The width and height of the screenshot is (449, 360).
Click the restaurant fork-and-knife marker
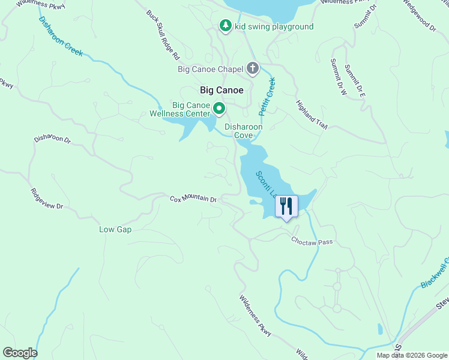tap(286, 206)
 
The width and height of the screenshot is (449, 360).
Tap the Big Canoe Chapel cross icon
tap(253, 68)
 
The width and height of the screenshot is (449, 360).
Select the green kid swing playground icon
tap(226, 26)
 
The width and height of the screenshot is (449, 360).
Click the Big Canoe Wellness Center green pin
tap(219, 109)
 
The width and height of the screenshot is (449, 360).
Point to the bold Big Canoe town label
tap(221, 90)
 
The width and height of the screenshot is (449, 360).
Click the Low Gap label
tap(115, 229)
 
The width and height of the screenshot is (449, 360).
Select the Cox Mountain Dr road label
tap(193, 199)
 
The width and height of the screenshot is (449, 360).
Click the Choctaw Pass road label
tap(312, 241)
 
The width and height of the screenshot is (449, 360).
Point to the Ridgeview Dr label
tap(47, 199)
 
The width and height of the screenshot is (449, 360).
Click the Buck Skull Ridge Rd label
tap(163, 34)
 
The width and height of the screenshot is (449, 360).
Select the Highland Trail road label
tap(311, 114)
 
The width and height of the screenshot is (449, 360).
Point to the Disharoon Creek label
tap(61, 36)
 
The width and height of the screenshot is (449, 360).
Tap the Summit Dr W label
tap(338, 77)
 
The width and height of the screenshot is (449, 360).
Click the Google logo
tap(20, 353)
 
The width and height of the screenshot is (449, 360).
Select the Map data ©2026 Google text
tap(411, 355)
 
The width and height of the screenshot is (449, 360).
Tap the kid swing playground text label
tap(274, 26)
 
